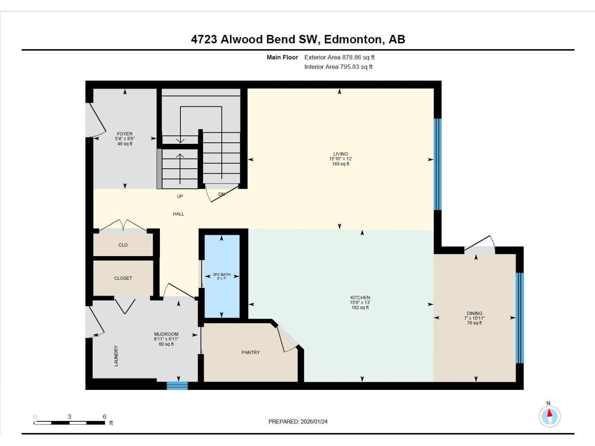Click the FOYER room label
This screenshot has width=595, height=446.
(125, 134)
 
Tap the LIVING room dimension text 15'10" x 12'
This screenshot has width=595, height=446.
(340, 159)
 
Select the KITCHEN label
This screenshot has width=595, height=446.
(360, 297)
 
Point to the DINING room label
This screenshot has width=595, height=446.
(474, 313)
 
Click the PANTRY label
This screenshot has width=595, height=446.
(251, 352)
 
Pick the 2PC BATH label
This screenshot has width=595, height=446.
(221, 275)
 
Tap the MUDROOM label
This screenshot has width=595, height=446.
(166, 334)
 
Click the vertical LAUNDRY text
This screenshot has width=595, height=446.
(116, 356)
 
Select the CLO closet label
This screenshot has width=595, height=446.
(123, 245)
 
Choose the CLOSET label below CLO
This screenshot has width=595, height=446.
(123, 278)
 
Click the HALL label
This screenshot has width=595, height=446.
(178, 214)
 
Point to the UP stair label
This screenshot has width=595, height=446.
(180, 196)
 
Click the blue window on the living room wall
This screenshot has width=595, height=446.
(438, 164)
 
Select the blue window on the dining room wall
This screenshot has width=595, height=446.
(520, 318)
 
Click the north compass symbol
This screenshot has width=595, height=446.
(550, 416)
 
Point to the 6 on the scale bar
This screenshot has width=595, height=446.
(104, 417)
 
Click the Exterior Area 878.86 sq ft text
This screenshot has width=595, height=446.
(339, 57)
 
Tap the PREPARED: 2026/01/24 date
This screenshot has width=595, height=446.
(298, 421)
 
